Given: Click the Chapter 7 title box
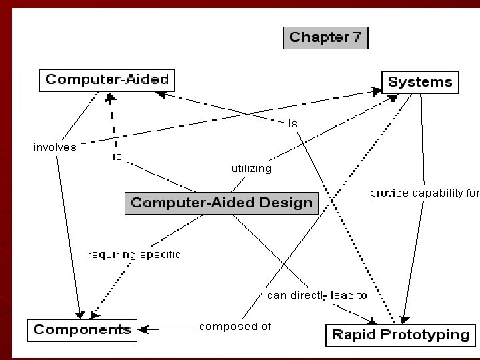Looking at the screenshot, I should point(326,37).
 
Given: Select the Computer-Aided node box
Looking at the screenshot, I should point(107,81).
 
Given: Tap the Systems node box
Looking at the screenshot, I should point(419,82).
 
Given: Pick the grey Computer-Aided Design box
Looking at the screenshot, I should point(221,203).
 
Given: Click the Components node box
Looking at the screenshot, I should point(82,329).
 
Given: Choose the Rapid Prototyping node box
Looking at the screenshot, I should point(401,335).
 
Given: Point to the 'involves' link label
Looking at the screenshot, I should point(55,147).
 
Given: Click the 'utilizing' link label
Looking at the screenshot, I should point(251,168).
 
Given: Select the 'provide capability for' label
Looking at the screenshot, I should point(425,193).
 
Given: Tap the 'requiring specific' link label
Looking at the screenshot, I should point(134,254).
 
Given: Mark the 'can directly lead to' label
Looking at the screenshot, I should point(317,295).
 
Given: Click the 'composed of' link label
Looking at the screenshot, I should point(235,327).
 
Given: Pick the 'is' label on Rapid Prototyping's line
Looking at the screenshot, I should point(292,123).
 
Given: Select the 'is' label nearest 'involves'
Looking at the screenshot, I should point(117,157).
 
